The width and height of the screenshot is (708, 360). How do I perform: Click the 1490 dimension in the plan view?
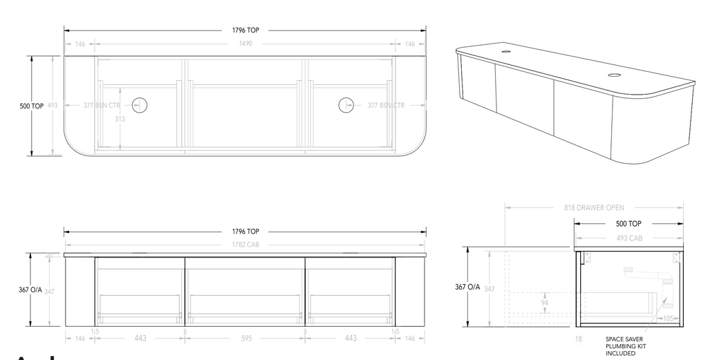pyautogui.click(x=245, y=44)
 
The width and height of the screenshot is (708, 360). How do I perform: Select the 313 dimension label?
pyautogui.click(x=120, y=119)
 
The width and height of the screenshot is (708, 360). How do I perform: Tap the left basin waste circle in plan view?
pyautogui.click(x=140, y=105)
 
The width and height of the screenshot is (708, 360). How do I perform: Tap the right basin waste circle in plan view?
pyautogui.click(x=346, y=105)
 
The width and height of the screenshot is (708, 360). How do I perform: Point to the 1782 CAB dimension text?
pyautogui.click(x=245, y=245)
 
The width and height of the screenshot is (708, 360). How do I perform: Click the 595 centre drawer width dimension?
pyautogui.click(x=245, y=338)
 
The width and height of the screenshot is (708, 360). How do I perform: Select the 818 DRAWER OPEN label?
pyautogui.click(x=594, y=207)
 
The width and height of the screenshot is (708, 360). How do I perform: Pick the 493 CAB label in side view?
pyautogui.click(x=628, y=238)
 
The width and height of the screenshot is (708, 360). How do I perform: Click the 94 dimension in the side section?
pyautogui.click(x=546, y=303)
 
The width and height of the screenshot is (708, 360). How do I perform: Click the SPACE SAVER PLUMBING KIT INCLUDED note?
pyautogui.click(x=624, y=346)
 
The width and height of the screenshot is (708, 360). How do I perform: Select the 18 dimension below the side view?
pyautogui.click(x=578, y=339)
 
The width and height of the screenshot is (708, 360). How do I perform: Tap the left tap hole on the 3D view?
pyautogui.click(x=506, y=51)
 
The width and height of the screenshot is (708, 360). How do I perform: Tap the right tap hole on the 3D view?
pyautogui.click(x=614, y=74)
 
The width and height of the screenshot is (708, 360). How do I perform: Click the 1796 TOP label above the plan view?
pyautogui.click(x=245, y=30)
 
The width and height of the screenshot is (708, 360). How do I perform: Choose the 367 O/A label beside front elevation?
pyautogui.click(x=31, y=290)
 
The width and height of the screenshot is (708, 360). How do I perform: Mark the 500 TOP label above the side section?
pyautogui.click(x=628, y=224)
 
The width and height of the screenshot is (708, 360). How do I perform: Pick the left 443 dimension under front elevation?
pyautogui.click(x=140, y=338)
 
